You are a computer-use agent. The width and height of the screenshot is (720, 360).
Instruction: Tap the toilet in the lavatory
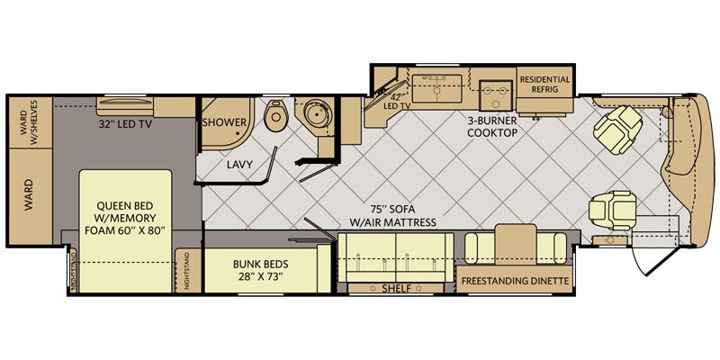[275, 118]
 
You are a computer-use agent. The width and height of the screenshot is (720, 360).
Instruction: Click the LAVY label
[239, 165]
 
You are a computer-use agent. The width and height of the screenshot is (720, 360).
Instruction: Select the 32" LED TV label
[125, 124]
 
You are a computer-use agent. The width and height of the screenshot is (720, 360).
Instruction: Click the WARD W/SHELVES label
[28, 119]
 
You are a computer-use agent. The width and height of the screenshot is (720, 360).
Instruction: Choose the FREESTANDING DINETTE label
[514, 281]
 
